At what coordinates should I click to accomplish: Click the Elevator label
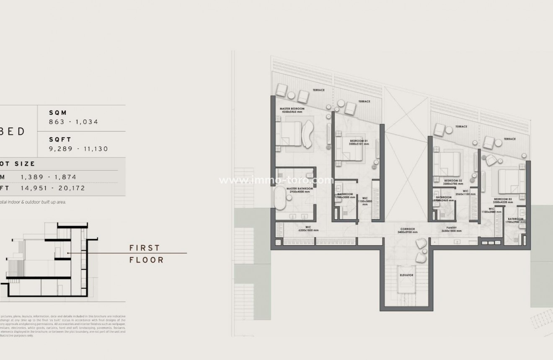point(406,275)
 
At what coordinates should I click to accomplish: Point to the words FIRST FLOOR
point(146,254)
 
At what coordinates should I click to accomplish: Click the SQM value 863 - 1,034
point(73,122)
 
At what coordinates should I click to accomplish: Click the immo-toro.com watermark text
point(276,180)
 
